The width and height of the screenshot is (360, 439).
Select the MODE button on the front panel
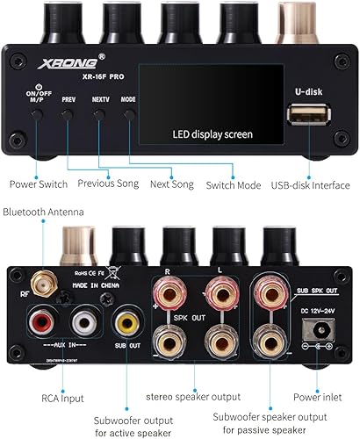point(130,115)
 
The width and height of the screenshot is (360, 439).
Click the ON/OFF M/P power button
point(38,116)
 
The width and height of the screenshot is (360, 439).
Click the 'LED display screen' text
point(211,134)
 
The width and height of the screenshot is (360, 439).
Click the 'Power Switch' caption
point(40,184)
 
